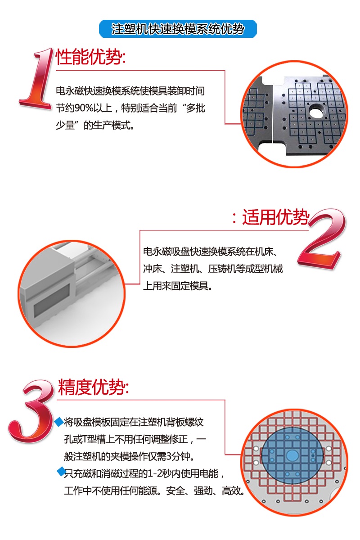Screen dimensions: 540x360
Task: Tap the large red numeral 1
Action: (38, 79)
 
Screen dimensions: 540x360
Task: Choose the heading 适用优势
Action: (276, 218)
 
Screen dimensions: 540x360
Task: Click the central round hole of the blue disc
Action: (292, 455)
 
